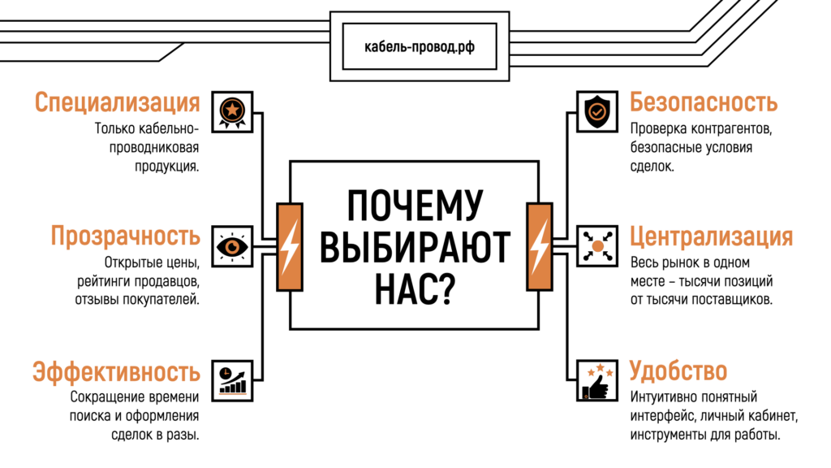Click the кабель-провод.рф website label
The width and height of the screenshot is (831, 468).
click(420, 46)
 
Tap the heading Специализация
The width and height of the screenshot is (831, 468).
click(117, 103)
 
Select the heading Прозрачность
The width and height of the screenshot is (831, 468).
click(125, 236)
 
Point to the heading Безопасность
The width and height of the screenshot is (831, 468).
click(704, 103)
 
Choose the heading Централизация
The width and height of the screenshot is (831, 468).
click(711, 236)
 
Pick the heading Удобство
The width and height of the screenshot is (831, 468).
click(678, 372)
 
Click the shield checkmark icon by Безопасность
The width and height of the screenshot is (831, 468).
click(596, 110)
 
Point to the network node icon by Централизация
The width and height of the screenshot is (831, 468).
click(596, 245)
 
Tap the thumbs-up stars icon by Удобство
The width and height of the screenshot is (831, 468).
click(596, 379)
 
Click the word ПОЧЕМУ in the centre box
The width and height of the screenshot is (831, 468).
click(415, 206)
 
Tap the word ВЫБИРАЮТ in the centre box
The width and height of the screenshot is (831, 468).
click(415, 247)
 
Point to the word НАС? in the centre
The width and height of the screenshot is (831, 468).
click(415, 288)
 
